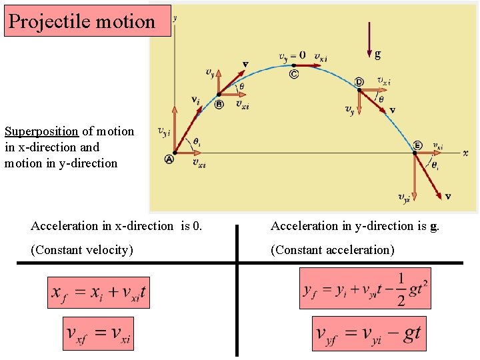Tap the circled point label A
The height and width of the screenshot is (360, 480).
pos(169,159)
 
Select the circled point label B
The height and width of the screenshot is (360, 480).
pos(219,104)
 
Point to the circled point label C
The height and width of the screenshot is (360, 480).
pos(294,74)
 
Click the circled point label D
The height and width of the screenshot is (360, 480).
pos(359,81)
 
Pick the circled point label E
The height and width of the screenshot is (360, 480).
pos(417,145)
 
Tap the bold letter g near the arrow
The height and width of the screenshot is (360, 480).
pos(378,53)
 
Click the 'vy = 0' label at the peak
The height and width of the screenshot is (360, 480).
pos(292,55)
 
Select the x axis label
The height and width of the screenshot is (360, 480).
pos(465,153)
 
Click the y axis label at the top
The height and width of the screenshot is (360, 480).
pos(175,19)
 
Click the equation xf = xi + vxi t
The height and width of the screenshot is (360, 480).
pos(98,293)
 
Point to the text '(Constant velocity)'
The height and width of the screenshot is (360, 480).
pos(82,250)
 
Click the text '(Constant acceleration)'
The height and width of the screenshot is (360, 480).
pos(332,250)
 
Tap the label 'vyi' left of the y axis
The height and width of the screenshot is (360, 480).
pos(163,133)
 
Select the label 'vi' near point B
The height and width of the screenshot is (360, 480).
pos(195,100)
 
